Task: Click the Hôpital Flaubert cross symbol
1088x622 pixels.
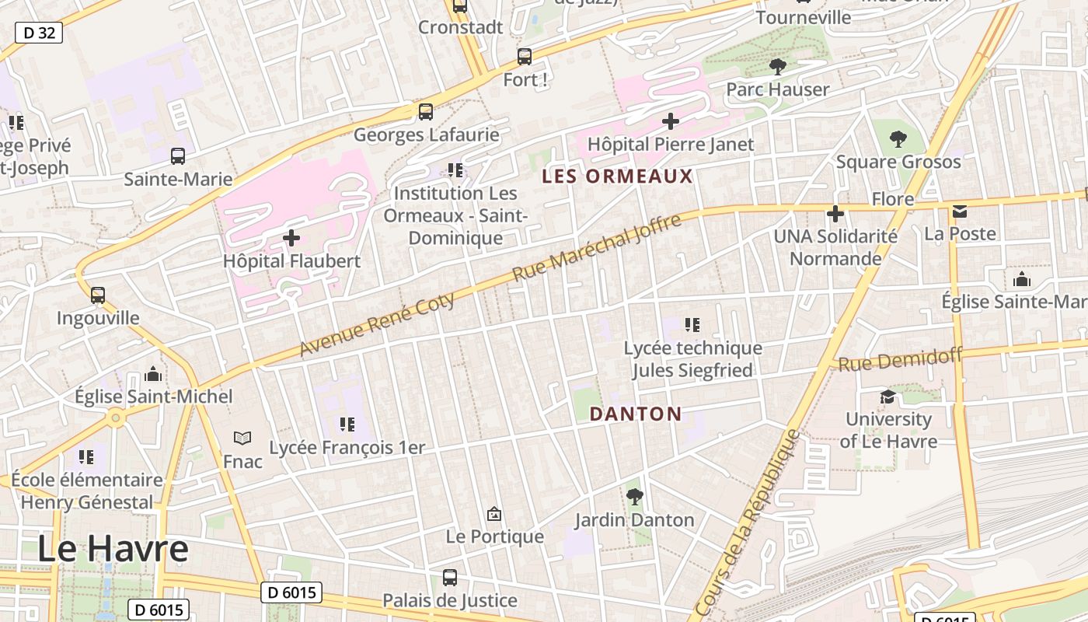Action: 291,237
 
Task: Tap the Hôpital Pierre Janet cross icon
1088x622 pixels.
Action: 670,121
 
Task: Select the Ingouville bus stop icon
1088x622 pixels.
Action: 98,295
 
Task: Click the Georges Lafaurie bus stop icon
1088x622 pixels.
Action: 426,111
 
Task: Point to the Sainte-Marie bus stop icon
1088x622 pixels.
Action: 178,156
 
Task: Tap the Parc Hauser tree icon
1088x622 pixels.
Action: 777,67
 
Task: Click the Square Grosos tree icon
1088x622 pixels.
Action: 898,139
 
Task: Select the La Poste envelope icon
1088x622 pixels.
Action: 960,211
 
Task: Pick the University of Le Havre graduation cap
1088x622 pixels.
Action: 887,397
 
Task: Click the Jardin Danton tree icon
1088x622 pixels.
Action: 635,496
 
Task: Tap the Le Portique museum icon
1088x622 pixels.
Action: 493,514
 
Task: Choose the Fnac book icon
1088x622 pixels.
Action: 243,439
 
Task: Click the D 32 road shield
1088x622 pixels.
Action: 38,33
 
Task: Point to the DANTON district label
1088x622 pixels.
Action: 635,414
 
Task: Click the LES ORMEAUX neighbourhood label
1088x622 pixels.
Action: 617,176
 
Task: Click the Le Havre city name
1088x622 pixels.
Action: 113,549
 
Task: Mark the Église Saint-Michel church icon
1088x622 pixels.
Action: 154,374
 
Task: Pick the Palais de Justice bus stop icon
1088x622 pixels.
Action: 450,578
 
